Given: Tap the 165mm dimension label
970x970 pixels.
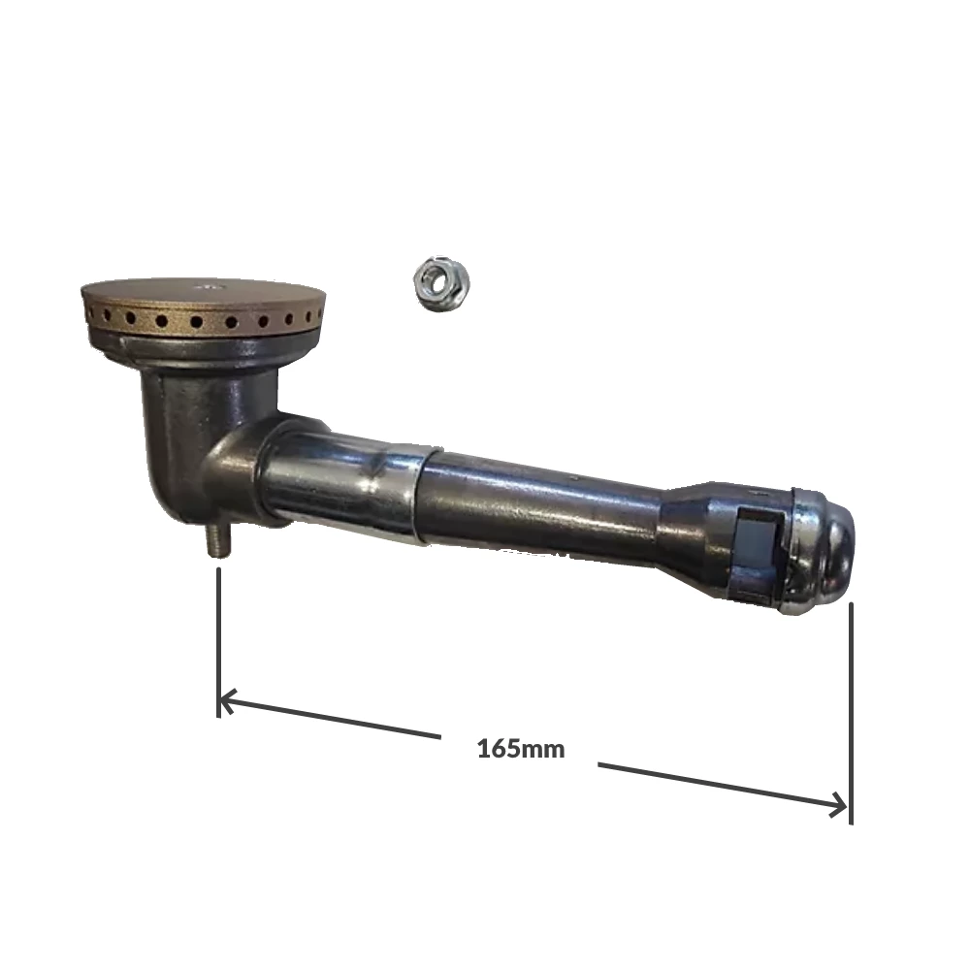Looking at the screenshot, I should click(x=520, y=749).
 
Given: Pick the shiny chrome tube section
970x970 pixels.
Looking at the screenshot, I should click(x=339, y=480).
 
